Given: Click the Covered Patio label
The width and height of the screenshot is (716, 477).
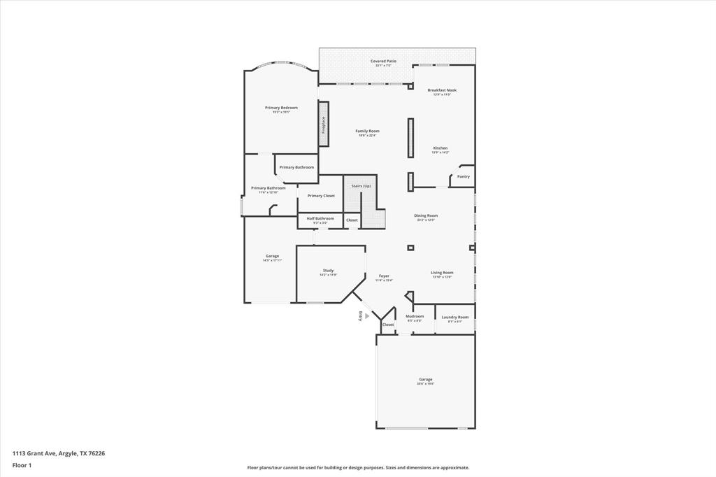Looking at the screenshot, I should [x=383, y=62].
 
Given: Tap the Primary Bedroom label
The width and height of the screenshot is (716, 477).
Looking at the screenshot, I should [x=281, y=108].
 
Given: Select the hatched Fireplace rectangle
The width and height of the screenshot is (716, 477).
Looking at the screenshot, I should [x=324, y=124].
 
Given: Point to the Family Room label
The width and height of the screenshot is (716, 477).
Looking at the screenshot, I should [x=367, y=131].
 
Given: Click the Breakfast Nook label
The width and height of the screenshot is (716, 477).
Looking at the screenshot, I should [x=442, y=90].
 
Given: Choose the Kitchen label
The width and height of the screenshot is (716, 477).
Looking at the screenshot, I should [x=441, y=148].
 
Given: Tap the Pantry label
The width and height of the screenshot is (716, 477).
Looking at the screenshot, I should [x=464, y=176].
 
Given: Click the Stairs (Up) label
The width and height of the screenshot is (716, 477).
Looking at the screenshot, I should [x=361, y=185].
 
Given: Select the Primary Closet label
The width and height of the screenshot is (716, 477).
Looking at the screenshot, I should [x=321, y=196].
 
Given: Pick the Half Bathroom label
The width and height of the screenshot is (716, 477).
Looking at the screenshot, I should [x=320, y=218].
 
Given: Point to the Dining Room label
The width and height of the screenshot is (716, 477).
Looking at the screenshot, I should [x=426, y=215].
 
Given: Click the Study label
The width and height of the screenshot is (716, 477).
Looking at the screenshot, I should [x=328, y=271].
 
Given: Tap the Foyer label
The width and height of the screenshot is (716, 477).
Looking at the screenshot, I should [x=384, y=276].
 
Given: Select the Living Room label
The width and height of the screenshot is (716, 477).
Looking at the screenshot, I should [x=442, y=273].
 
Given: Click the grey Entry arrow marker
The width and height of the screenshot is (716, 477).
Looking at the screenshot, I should [x=367, y=316].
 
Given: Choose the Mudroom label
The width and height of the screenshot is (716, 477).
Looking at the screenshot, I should [x=415, y=316].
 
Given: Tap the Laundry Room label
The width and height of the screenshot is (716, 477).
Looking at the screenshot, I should [x=455, y=317].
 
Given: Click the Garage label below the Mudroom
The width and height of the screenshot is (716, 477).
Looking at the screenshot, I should [x=425, y=380].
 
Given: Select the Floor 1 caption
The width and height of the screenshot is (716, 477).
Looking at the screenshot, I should [x=22, y=465].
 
